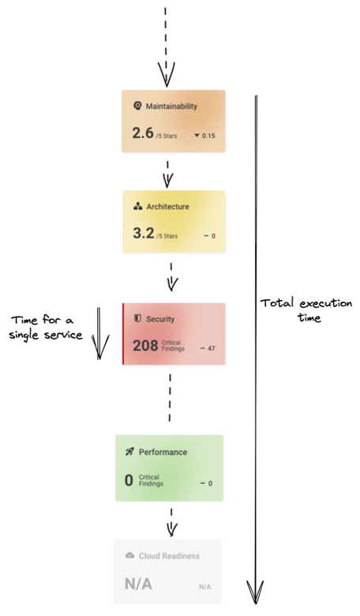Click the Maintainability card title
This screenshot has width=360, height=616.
tap(171, 106)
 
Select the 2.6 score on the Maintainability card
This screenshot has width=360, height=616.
tap(143, 133)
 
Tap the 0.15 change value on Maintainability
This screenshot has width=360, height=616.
tap(208, 136)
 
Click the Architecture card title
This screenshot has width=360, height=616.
tap(167, 207)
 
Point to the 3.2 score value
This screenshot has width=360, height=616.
tap(144, 233)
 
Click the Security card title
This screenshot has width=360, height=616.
tap(160, 319)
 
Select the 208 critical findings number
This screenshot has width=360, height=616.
tap(145, 346)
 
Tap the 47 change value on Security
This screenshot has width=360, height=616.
tap(212, 348)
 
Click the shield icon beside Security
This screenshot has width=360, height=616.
tap(137, 319)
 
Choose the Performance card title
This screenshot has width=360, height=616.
tap(163, 453)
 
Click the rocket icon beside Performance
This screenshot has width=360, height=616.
tap(129, 452)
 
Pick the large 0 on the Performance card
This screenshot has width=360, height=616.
tap(129, 480)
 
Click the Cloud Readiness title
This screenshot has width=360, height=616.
tap(169, 556)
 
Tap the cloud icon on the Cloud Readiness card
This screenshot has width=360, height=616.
tap(129, 555)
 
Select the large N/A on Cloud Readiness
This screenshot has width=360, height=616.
tap(138, 584)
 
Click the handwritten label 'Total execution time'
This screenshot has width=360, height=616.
tap(306, 310)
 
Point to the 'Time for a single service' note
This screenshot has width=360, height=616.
tap(46, 327)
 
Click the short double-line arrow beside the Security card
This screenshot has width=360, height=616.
tap(99, 333)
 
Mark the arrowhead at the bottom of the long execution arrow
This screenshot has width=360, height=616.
tap(256, 592)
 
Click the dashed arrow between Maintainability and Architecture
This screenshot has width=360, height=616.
tap(167, 173)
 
